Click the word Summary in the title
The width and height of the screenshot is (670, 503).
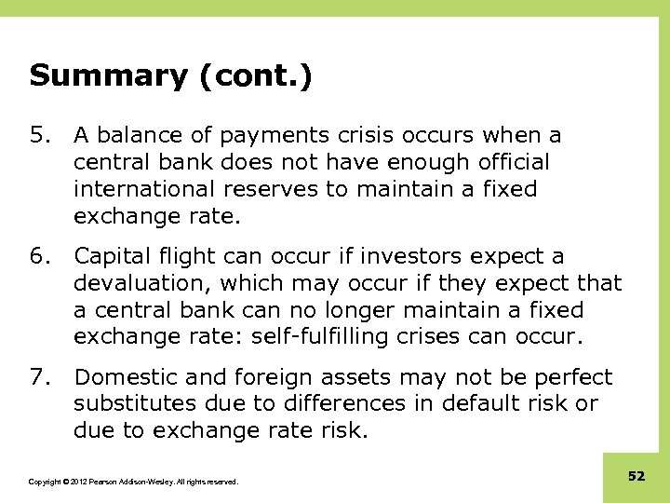pyautogui.click(x=107, y=75)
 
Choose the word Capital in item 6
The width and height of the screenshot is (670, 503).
pyautogui.click(x=111, y=256)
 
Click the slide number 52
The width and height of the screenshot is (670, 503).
pyautogui.click(x=636, y=476)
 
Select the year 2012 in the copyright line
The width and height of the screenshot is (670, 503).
pyautogui.click(x=74, y=482)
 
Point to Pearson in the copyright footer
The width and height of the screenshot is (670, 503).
pyautogui.click(x=103, y=482)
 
